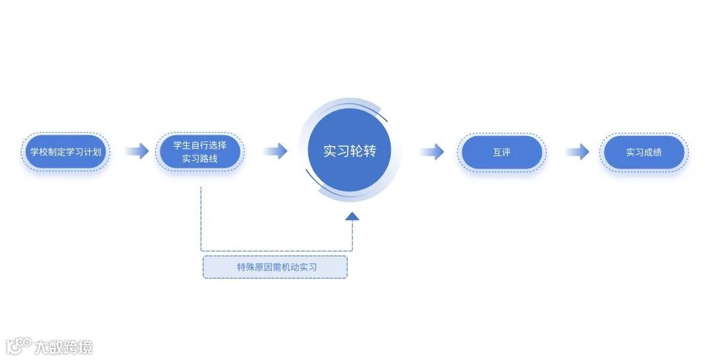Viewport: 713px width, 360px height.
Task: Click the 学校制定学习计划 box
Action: click(66, 152)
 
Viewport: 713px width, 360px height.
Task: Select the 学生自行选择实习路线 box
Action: click(200, 152)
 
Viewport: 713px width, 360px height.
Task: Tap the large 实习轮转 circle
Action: click(349, 151)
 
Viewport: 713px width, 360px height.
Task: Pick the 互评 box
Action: click(502, 152)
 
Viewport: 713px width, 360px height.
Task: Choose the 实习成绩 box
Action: click(644, 152)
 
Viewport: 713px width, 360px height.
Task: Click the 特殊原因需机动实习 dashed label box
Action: click(275, 267)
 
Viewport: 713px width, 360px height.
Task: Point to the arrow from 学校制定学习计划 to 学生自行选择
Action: click(137, 151)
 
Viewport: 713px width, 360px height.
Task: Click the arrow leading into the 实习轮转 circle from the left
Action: click(275, 151)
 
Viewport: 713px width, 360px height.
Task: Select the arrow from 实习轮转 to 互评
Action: click(431, 152)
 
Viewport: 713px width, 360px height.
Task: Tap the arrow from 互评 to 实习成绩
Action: click(577, 152)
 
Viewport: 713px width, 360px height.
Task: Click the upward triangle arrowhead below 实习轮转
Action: click(352, 215)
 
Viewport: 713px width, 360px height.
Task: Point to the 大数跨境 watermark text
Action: click(63, 346)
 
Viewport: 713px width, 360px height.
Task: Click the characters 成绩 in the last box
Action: click(653, 152)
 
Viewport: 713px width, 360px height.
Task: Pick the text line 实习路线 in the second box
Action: click(200, 159)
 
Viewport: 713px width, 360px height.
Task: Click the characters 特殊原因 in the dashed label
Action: click(255, 267)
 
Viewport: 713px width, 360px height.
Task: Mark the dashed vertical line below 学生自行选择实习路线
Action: click(201, 218)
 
